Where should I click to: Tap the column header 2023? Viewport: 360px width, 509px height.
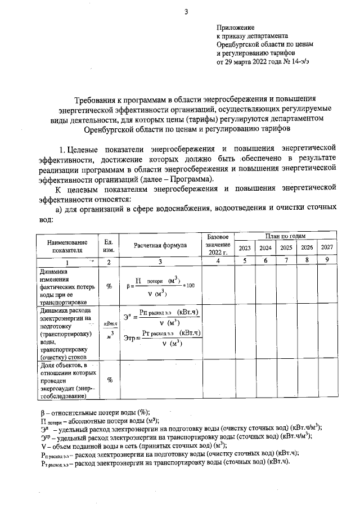tap(245, 248)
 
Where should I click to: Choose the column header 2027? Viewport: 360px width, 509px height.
tap(327, 248)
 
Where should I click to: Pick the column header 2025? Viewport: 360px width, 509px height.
tap(286, 248)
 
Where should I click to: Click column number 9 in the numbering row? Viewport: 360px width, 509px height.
tap(327, 261)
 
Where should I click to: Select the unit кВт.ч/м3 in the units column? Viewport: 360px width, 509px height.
tap(109, 330)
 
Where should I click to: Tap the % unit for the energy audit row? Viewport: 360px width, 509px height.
tap(109, 380)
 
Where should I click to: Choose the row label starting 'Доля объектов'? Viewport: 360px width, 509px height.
tap(64, 381)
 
